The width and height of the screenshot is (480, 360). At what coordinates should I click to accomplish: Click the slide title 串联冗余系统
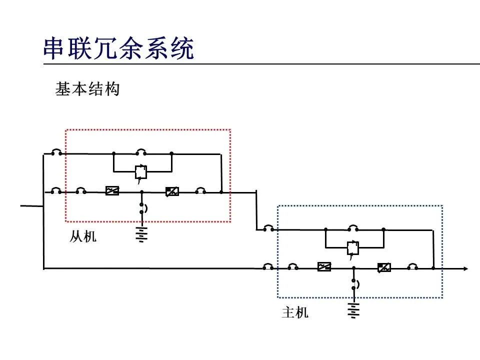point(118,48)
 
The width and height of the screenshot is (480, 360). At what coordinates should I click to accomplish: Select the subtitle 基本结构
point(87,89)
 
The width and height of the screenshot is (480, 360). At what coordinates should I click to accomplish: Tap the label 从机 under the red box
point(82,236)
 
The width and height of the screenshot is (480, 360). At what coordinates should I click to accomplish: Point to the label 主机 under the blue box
point(295,313)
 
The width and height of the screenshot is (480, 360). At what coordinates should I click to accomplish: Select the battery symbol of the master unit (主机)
point(353,310)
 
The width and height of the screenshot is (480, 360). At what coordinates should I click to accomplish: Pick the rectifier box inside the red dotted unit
point(112,190)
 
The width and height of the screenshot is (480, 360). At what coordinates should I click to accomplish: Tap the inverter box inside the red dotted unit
point(172,191)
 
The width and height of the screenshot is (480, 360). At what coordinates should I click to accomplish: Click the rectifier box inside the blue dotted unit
point(324,267)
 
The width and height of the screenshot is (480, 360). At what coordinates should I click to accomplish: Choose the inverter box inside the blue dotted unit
point(383,267)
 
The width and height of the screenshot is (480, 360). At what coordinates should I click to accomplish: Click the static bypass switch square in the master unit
point(353,247)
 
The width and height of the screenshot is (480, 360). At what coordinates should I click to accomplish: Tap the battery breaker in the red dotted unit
point(142,208)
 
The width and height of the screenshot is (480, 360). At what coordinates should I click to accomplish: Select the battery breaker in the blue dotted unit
point(354,284)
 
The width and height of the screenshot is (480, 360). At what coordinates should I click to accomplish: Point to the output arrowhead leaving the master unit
point(465,268)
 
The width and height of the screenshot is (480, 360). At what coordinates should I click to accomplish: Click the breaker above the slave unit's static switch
point(142,152)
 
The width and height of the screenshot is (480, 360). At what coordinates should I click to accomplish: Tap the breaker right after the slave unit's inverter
point(200,191)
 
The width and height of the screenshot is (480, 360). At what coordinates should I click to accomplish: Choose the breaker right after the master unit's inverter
point(412,267)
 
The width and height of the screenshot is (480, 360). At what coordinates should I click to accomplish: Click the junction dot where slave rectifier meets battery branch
point(141,191)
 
